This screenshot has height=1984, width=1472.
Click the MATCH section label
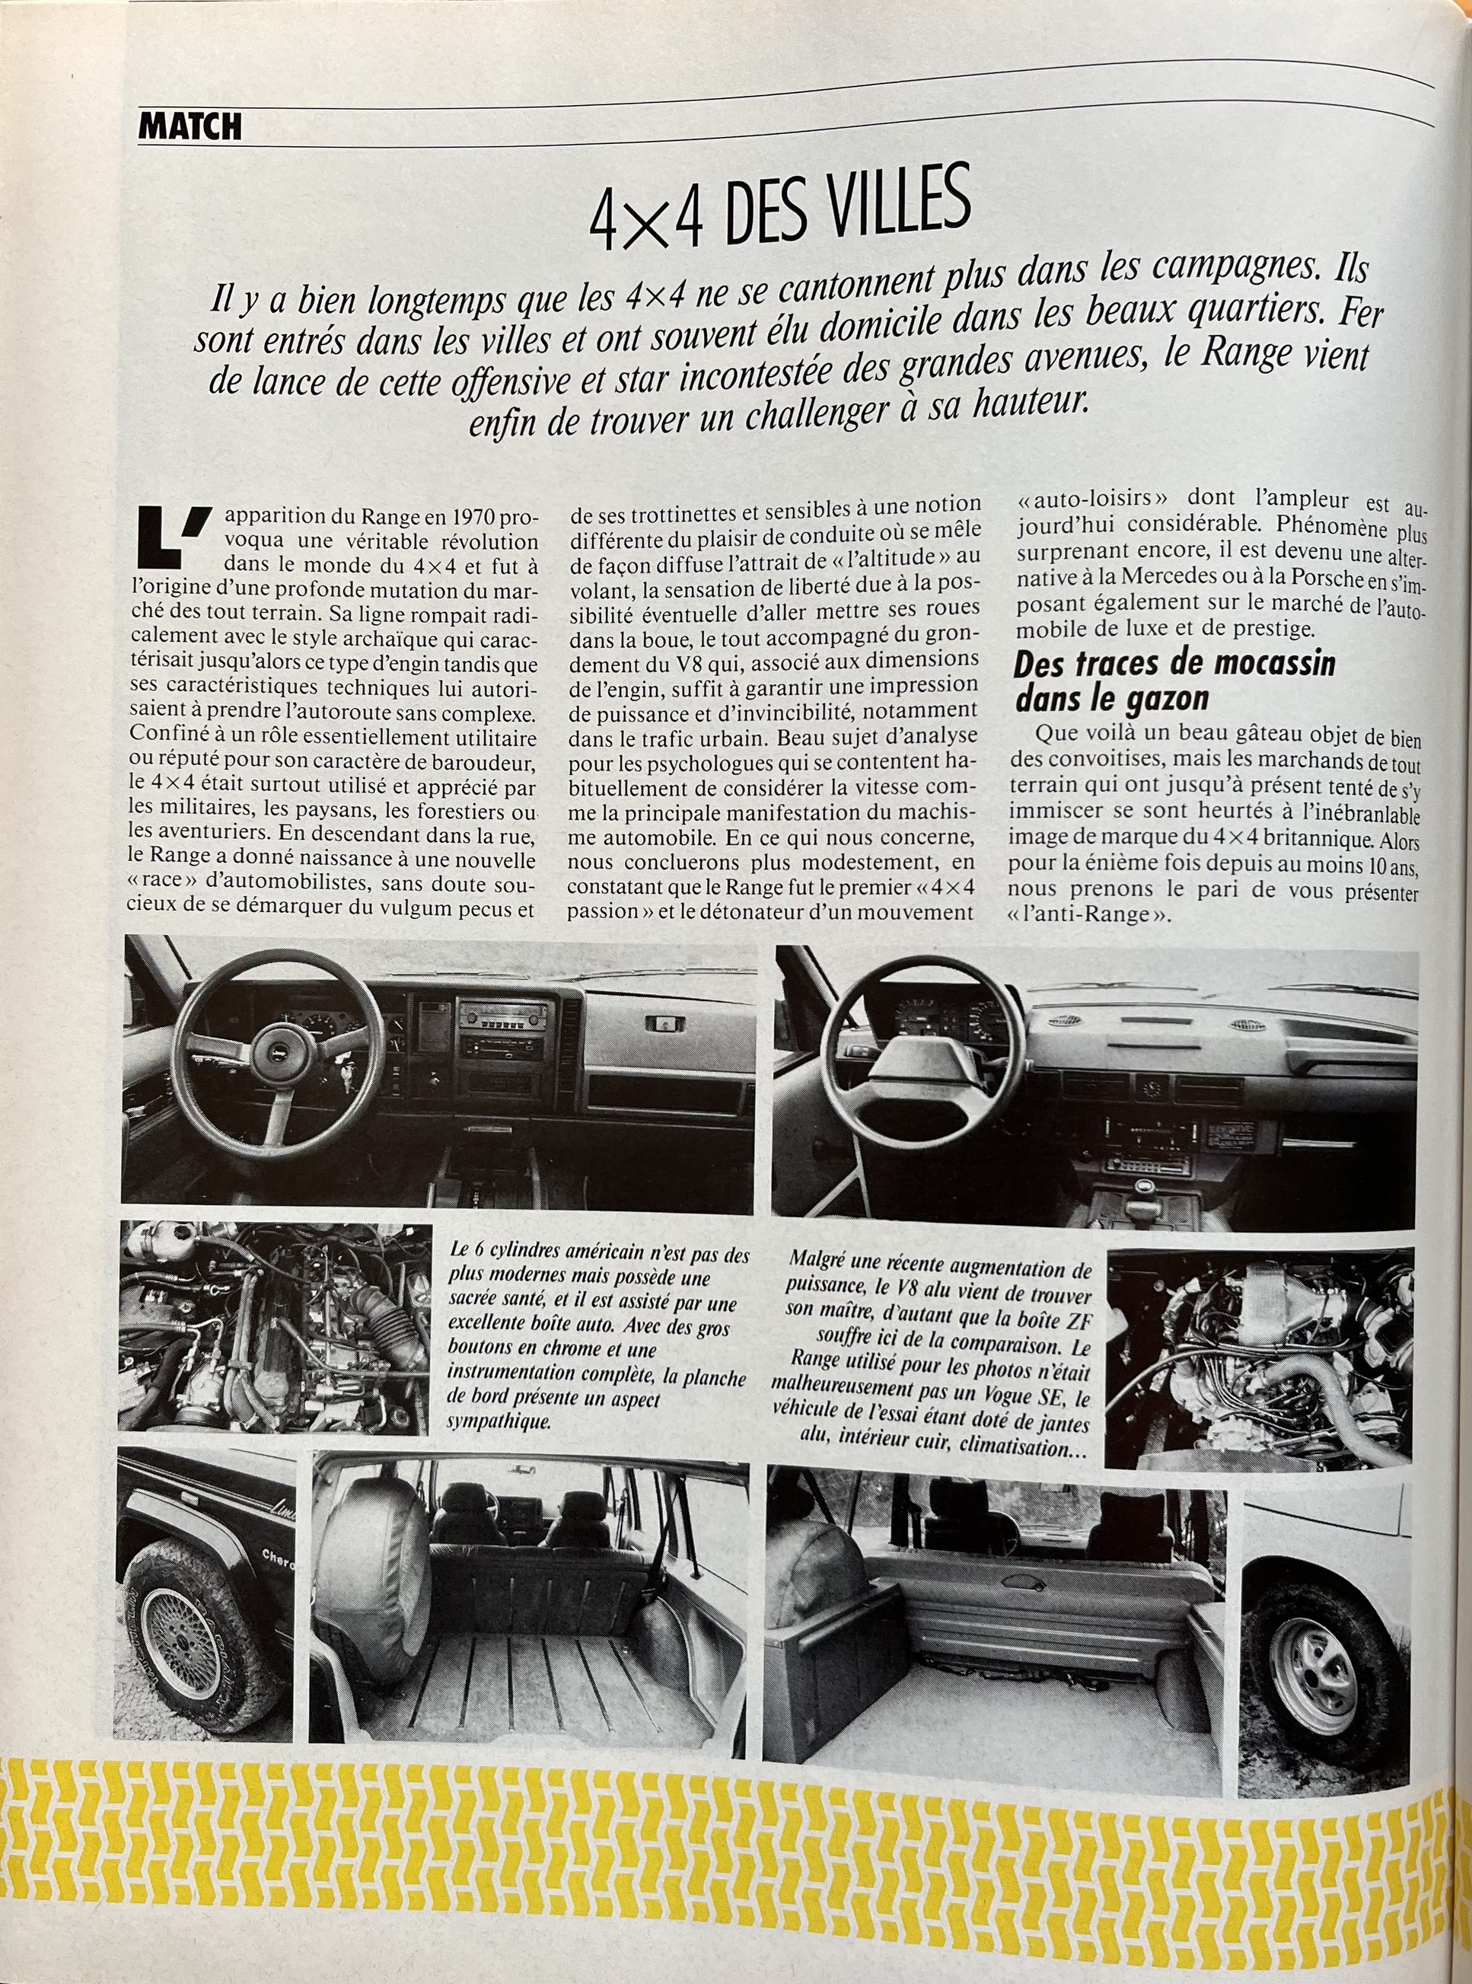(x=190, y=127)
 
